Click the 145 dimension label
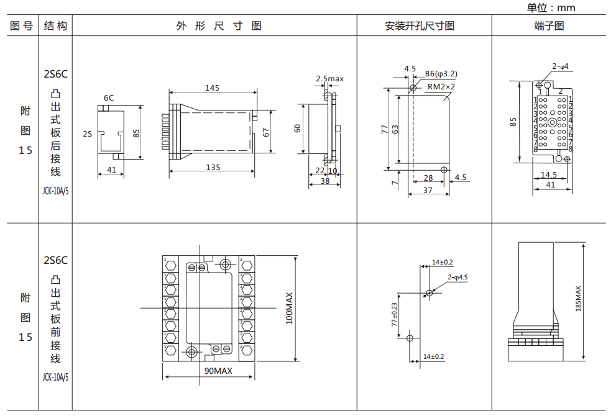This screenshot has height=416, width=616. [x=212, y=88]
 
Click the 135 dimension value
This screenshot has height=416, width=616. [x=213, y=167]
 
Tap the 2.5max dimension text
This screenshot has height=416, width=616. [x=329, y=79]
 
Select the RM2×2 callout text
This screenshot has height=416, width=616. [x=441, y=86]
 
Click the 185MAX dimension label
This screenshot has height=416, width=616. [x=578, y=299]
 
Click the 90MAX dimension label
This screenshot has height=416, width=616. [x=218, y=371]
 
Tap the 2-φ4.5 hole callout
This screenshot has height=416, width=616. [x=457, y=277]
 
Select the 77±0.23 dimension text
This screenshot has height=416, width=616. [x=394, y=315]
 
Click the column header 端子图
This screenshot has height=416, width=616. [x=549, y=26]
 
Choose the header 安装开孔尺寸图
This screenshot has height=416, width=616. [x=420, y=26]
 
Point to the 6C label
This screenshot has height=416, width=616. [x=108, y=97]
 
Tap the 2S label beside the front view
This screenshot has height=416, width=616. [x=87, y=133]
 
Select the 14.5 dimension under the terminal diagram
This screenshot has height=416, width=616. [x=548, y=174]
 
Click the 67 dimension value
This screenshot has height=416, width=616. [x=266, y=132]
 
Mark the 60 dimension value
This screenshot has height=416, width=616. [x=298, y=129]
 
